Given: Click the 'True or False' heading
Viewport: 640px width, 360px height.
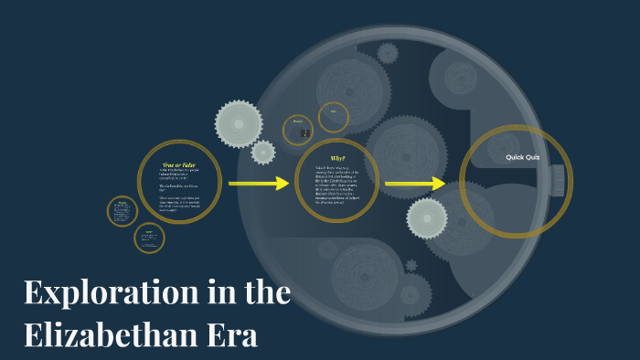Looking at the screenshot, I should click(x=180, y=164).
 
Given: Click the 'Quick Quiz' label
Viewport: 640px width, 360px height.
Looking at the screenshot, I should click(x=523, y=157).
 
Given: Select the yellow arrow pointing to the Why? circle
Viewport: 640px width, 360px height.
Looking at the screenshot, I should click(x=258, y=185).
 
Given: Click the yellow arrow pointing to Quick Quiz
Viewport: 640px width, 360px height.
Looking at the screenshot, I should click(x=414, y=185).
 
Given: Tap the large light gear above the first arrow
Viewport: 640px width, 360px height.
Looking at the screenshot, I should click(x=239, y=123).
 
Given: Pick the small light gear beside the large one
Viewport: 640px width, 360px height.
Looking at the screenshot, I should click(x=263, y=153).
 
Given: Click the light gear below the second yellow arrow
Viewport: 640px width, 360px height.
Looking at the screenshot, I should click(x=426, y=218).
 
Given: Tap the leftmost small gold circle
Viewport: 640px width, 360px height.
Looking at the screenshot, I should click(x=123, y=213).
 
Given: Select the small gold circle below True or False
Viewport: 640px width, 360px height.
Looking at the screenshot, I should click(x=149, y=238).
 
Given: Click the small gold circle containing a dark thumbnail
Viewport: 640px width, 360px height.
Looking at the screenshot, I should click(x=298, y=130).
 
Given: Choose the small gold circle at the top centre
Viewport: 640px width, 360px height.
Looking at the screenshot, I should click(x=334, y=116).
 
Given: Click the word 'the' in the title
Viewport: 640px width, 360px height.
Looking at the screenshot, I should click(x=269, y=294).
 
